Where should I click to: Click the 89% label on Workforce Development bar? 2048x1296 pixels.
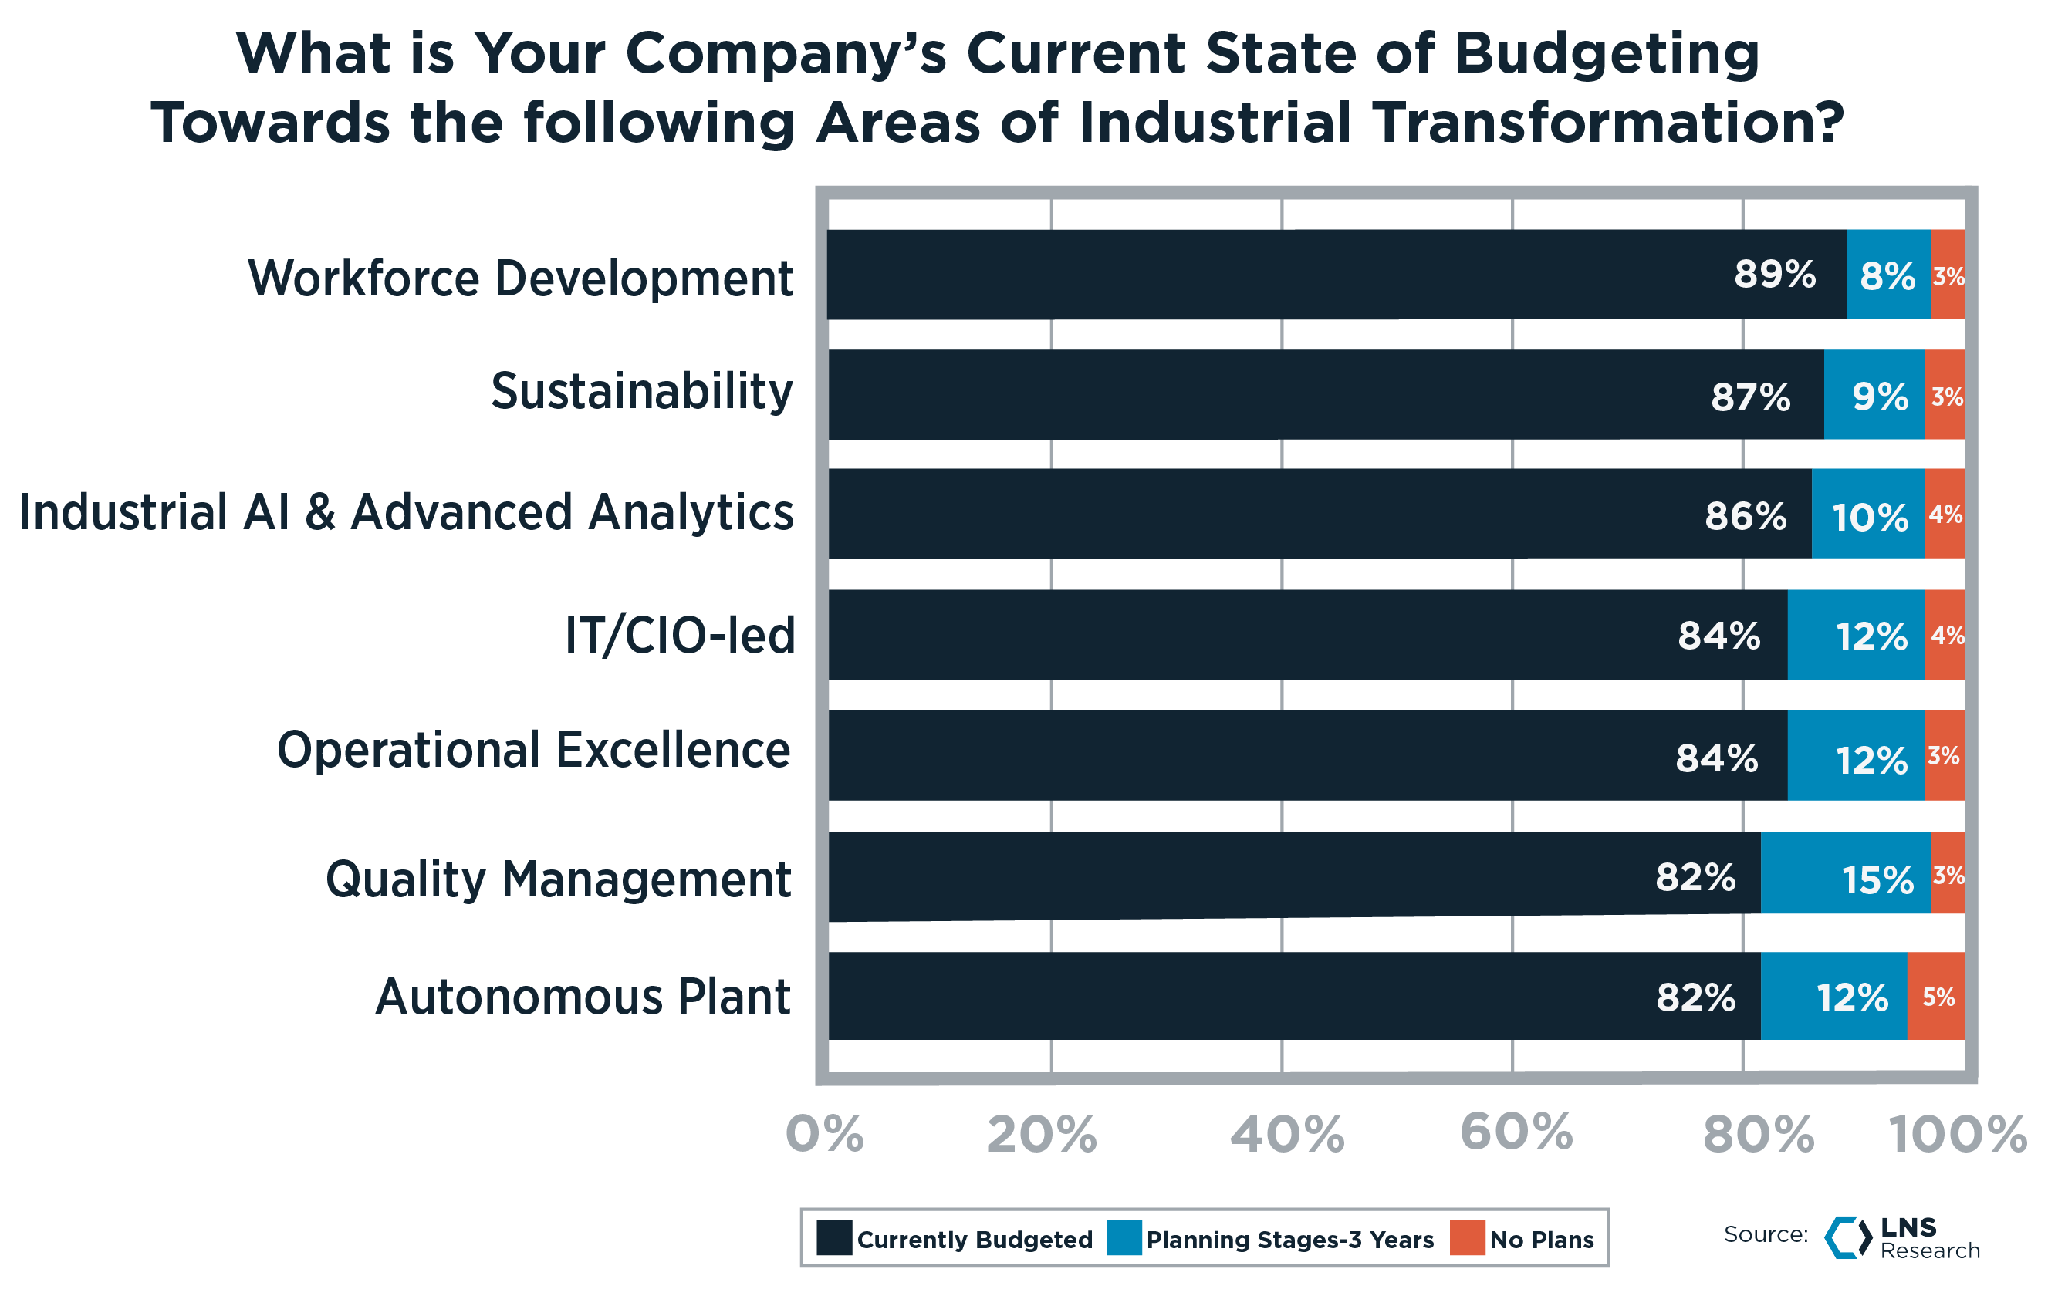pos(1774,275)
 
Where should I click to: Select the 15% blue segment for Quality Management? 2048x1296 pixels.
pos(1845,879)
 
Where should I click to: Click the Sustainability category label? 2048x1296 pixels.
pos(641,392)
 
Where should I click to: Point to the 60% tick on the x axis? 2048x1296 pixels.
pos(1516,1132)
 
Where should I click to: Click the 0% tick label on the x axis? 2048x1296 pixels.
pos(824,1135)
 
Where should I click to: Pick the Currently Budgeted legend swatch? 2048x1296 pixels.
pos(833,1238)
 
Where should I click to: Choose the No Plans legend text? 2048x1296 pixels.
pos(1541,1240)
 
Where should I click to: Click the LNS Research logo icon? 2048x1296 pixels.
pos(1847,1237)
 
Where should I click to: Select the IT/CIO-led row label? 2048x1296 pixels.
pos(680,635)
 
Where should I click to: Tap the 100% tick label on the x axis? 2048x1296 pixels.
pos(1957,1135)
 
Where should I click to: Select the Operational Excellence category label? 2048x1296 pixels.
pos(533,751)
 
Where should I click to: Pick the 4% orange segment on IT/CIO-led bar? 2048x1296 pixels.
pos(1945,635)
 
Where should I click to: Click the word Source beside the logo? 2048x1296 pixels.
pos(1765,1234)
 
